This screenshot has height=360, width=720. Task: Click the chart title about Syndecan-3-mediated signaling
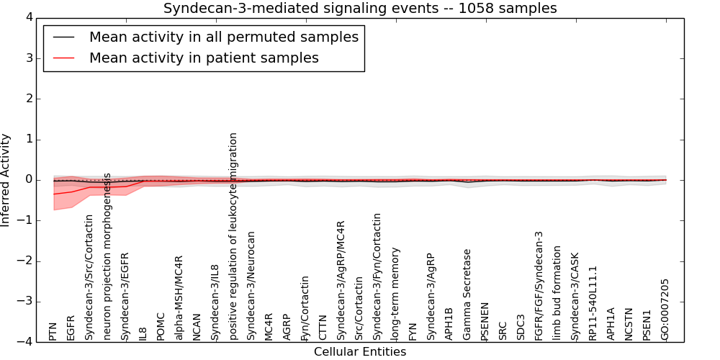click(x=360, y=9)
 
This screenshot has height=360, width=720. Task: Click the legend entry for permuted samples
click(x=223, y=37)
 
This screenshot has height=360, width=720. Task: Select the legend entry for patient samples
click(x=204, y=58)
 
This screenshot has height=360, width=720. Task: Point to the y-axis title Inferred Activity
click(x=6, y=179)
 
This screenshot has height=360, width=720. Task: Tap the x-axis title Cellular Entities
click(x=360, y=352)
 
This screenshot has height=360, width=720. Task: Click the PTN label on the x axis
click(x=53, y=332)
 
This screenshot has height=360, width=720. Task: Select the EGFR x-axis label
click(x=71, y=327)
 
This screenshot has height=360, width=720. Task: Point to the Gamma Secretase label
click(x=467, y=294)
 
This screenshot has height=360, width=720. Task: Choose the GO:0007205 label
click(x=665, y=310)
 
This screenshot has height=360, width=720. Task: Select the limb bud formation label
click(x=557, y=293)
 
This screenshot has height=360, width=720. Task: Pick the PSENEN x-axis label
click(x=485, y=321)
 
